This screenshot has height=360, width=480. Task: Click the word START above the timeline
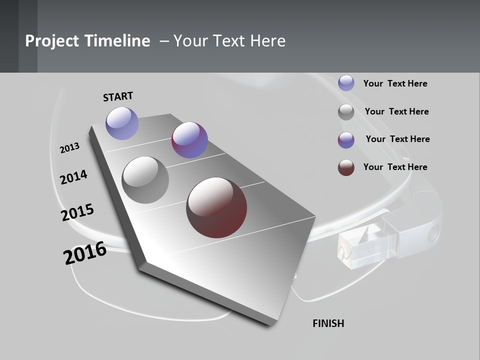tap(118, 96)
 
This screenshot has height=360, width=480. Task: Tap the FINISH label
tap(328, 323)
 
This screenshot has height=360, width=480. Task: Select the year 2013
tap(70, 148)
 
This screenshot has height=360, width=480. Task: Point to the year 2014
tap(74, 177)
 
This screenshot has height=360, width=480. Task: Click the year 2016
tap(85, 253)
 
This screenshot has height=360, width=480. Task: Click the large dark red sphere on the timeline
tap(216, 207)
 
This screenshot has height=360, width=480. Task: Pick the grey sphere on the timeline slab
tap(145, 180)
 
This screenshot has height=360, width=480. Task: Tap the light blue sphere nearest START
tap(122, 123)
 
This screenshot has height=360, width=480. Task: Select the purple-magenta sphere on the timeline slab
tap(189, 140)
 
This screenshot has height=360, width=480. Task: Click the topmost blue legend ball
tap(346, 83)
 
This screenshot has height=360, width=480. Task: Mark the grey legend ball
tap(346, 112)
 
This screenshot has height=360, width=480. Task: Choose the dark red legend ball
tap(346, 167)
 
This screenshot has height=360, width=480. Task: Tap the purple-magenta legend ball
tap(346, 140)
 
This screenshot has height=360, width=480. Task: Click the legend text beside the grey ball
tap(396, 111)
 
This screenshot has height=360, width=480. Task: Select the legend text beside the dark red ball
tap(395, 167)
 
